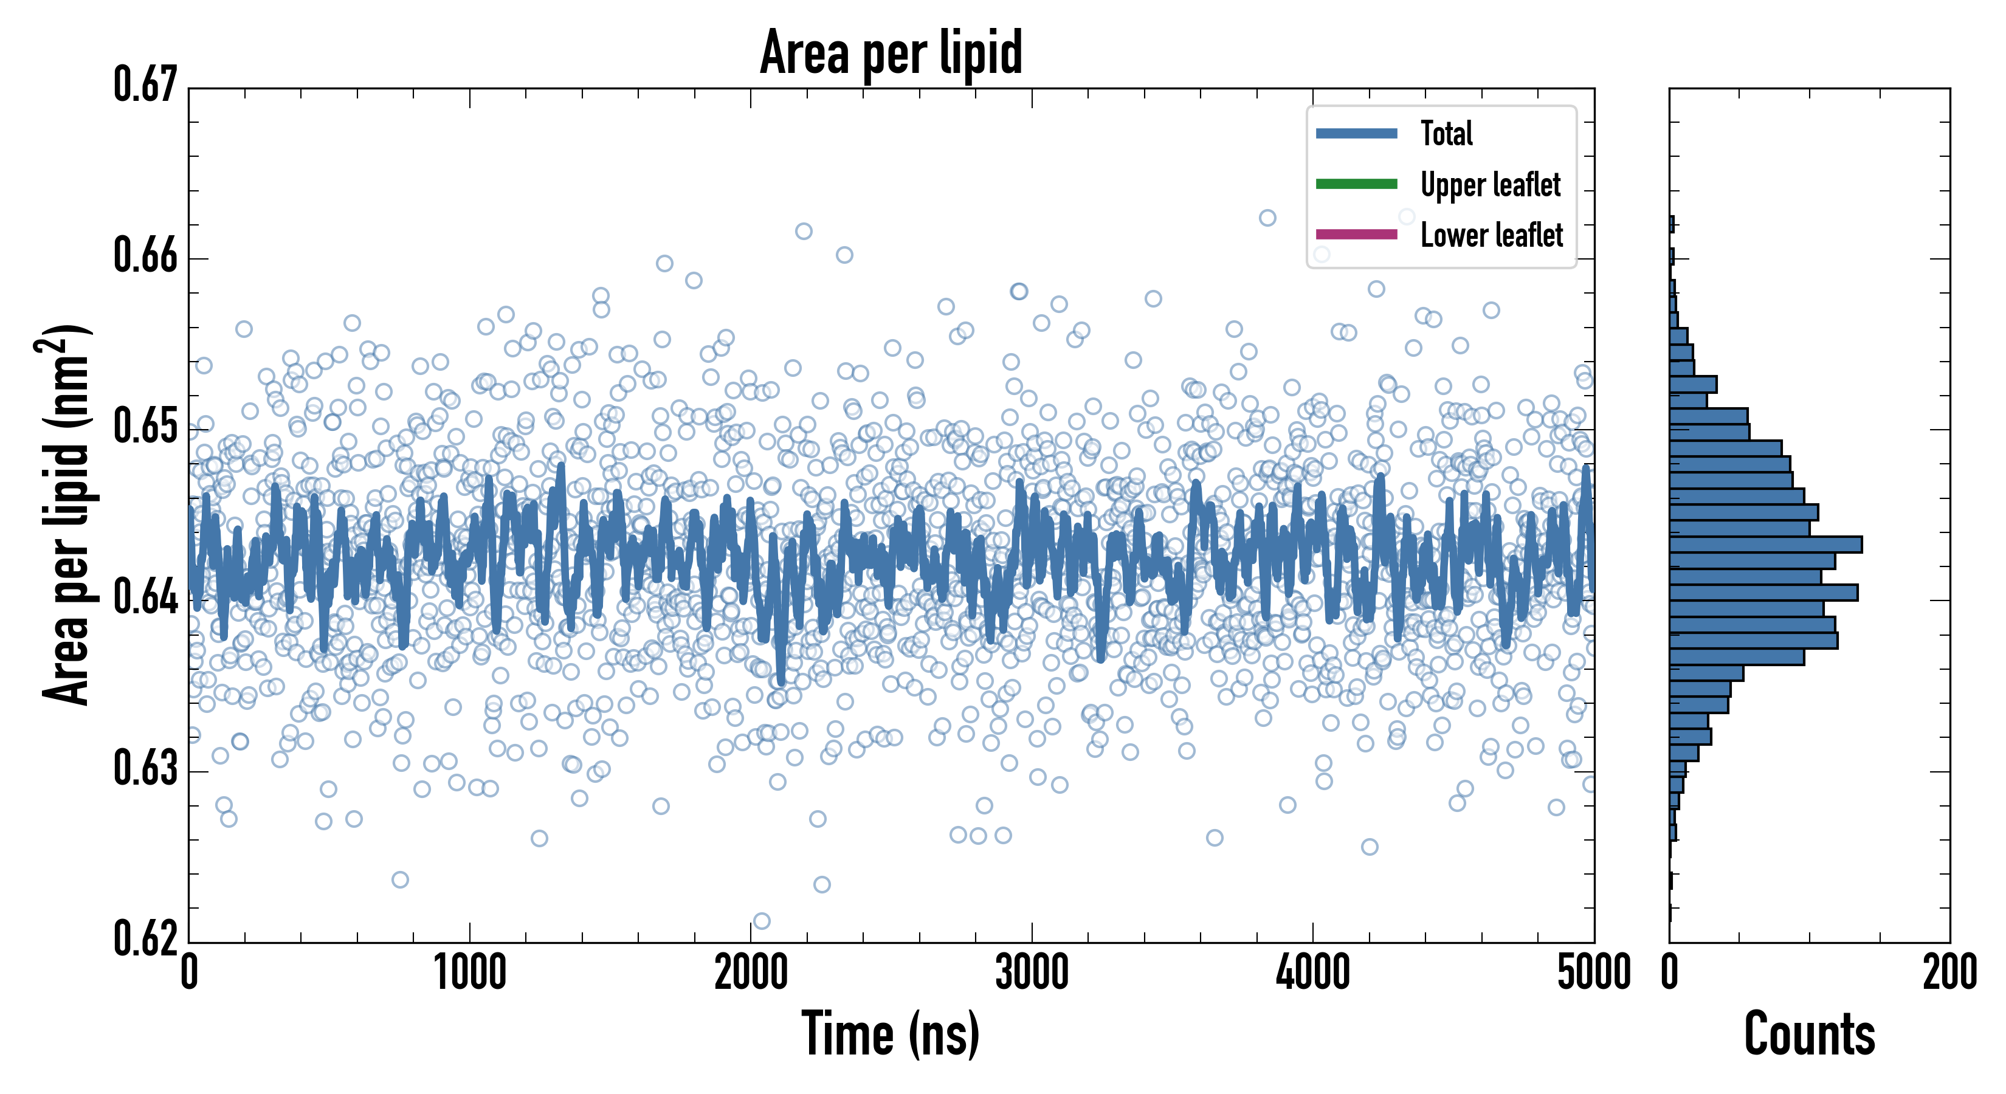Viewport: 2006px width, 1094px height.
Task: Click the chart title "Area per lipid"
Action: tap(891, 52)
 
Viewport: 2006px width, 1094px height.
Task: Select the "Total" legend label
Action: tap(1446, 133)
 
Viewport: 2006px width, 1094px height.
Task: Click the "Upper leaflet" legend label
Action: tap(1490, 185)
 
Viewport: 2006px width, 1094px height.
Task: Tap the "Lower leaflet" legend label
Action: tap(1491, 235)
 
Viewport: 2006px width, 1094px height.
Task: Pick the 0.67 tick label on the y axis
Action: tap(146, 86)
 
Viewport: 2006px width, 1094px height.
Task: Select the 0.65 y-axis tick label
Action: tap(146, 427)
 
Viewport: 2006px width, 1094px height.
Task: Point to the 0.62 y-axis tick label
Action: tap(146, 939)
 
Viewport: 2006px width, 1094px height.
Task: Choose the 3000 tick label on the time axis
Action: tap(1032, 973)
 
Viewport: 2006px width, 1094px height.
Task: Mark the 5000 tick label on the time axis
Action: tap(1593, 973)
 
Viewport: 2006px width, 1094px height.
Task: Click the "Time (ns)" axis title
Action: tap(891, 1034)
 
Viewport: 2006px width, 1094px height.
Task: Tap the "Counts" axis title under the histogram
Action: tap(1809, 1034)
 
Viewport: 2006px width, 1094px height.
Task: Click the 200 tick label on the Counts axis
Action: tap(1949, 973)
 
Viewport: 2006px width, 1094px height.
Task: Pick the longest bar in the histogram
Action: tap(1765, 545)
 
